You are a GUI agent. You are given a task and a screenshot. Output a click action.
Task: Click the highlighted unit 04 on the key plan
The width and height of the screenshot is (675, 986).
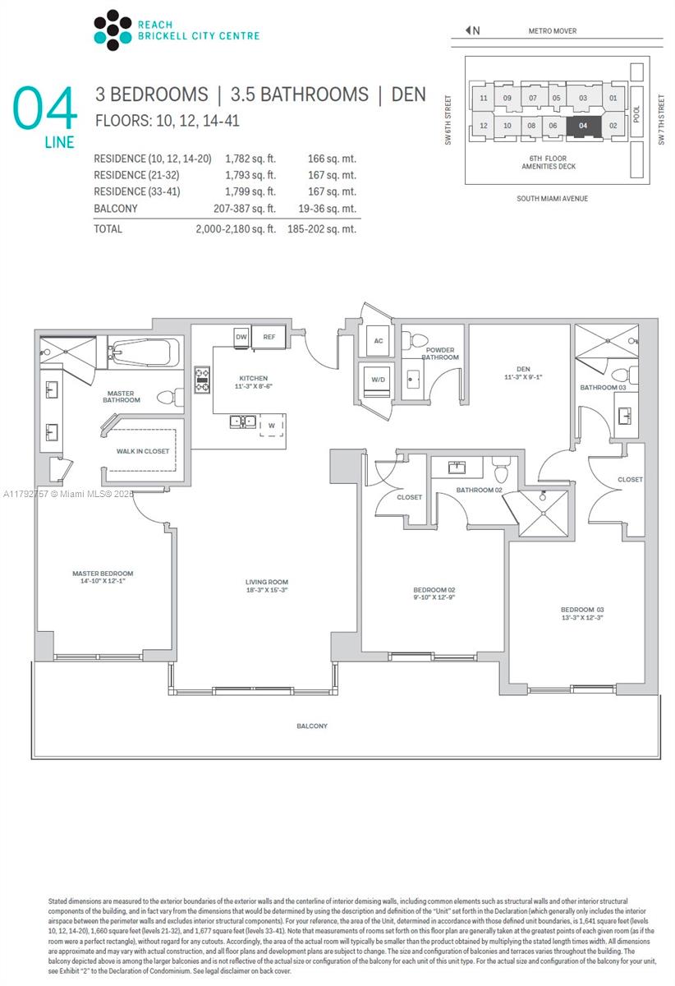[582, 127]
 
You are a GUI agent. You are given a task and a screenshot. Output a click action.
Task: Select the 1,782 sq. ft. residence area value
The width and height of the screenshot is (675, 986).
[250, 159]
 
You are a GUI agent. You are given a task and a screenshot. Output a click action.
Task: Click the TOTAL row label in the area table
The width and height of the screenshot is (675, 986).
[108, 229]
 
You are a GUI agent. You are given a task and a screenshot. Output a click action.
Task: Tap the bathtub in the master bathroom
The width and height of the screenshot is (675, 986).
[140, 353]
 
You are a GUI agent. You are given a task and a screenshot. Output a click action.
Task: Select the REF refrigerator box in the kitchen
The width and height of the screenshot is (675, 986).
[269, 337]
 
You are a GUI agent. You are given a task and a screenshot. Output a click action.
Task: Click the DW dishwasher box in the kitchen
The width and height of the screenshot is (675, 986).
[241, 337]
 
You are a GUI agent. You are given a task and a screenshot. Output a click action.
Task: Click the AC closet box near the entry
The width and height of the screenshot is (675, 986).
[378, 341]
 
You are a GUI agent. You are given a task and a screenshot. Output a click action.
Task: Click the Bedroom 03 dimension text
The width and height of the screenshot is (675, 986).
[582, 617]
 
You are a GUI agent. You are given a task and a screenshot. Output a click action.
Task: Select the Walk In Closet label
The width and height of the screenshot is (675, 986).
[143, 451]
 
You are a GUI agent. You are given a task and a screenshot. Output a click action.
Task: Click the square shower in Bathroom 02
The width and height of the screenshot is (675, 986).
[543, 514]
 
